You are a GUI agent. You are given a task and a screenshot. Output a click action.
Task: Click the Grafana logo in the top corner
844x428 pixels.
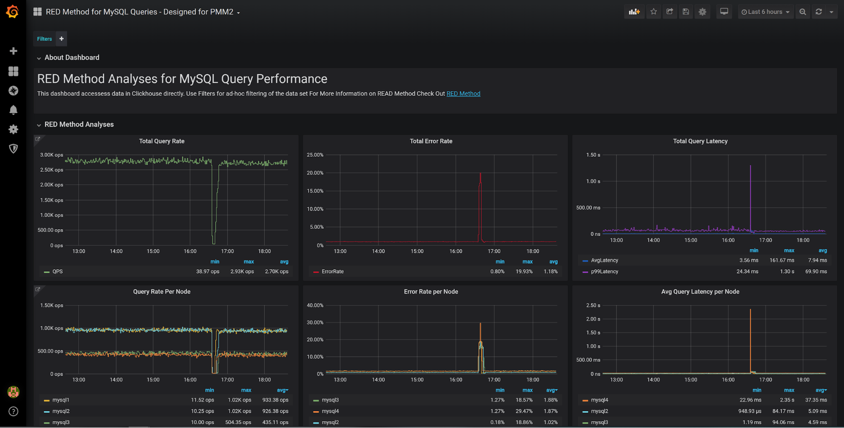pyautogui.click(x=13, y=11)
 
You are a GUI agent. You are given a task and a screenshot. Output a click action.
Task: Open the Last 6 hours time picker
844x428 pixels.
pyautogui.click(x=765, y=12)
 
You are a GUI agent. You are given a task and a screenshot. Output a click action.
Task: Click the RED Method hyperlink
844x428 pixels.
pyautogui.click(x=463, y=94)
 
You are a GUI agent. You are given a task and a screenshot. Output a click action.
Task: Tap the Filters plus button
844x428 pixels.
pyautogui.click(x=62, y=39)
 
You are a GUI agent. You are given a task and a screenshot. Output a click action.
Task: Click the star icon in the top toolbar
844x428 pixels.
pyautogui.click(x=654, y=12)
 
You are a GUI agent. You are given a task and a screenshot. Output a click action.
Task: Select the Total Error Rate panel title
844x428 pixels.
pyautogui.click(x=431, y=141)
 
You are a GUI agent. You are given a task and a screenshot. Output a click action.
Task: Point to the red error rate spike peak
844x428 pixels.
pyautogui.click(x=480, y=174)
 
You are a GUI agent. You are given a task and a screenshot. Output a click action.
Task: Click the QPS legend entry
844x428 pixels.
pyautogui.click(x=57, y=271)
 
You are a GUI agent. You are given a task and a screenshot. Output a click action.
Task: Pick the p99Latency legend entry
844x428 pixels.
pyautogui.click(x=604, y=271)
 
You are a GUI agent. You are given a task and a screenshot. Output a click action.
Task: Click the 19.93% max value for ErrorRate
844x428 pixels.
pyautogui.click(x=524, y=271)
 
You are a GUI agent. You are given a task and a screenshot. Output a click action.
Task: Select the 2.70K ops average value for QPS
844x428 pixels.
pyautogui.click(x=277, y=271)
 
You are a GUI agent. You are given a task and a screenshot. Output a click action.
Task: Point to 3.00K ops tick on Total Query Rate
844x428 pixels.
pyautogui.click(x=52, y=155)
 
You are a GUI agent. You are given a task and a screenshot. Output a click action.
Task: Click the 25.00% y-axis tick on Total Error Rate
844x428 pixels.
pyautogui.click(x=315, y=155)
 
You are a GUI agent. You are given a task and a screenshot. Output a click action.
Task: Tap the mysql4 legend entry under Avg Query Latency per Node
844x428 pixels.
pyautogui.click(x=599, y=400)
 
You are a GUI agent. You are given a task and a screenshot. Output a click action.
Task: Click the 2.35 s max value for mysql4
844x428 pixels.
pyautogui.click(x=787, y=400)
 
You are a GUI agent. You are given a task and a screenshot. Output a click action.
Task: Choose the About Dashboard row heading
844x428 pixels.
pyautogui.click(x=72, y=57)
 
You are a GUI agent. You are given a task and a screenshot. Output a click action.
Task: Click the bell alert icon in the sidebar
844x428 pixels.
pyautogui.click(x=13, y=110)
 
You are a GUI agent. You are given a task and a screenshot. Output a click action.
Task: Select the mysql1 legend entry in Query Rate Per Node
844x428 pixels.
pyautogui.click(x=61, y=400)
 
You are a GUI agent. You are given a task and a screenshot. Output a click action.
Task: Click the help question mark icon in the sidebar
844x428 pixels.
pyautogui.click(x=13, y=411)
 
